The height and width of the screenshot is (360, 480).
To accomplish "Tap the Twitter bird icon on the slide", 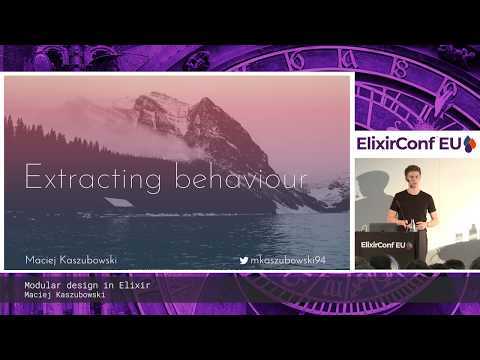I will [x=245, y=260].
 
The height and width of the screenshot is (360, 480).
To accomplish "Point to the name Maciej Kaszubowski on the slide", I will [x=71, y=260].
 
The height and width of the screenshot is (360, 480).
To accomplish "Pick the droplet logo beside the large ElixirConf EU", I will [x=469, y=144].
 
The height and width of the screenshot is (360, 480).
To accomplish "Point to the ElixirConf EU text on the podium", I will [x=384, y=244].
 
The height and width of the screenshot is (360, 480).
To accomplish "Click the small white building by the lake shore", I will [x=118, y=203].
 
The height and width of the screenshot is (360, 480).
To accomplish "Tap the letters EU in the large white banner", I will [x=452, y=144].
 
